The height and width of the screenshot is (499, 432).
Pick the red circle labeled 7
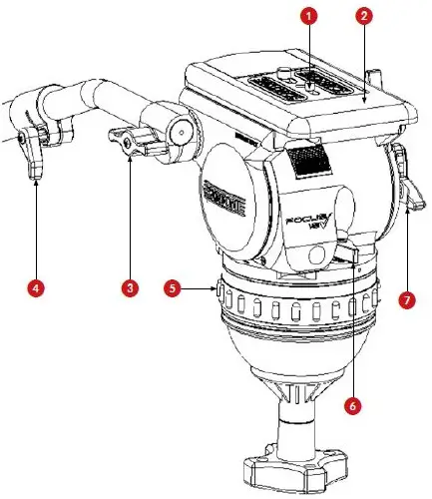tap(406, 298)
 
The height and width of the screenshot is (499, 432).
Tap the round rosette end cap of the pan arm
tap(180, 129)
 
